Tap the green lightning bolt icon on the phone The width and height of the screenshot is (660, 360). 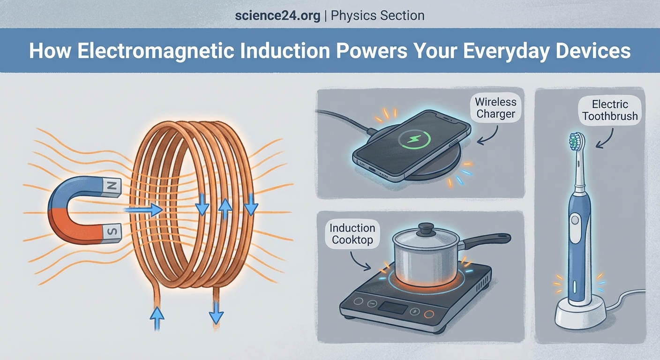coord(412,139)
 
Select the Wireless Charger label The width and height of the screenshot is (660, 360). coord(495,108)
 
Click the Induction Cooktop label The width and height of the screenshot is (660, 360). coord(352,234)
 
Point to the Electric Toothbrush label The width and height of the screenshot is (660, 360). coord(610,110)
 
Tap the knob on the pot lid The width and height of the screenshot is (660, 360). coord(426,228)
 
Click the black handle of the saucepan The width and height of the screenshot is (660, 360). coord(487,239)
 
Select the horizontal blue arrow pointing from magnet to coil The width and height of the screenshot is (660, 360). coord(144,210)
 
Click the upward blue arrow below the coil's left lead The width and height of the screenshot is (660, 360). coord(157,319)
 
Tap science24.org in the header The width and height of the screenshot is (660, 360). coord(278,15)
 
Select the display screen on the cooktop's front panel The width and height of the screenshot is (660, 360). coord(393,307)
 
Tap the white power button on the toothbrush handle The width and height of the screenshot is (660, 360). coord(575,221)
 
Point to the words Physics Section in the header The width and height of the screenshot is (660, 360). coord(378,15)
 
